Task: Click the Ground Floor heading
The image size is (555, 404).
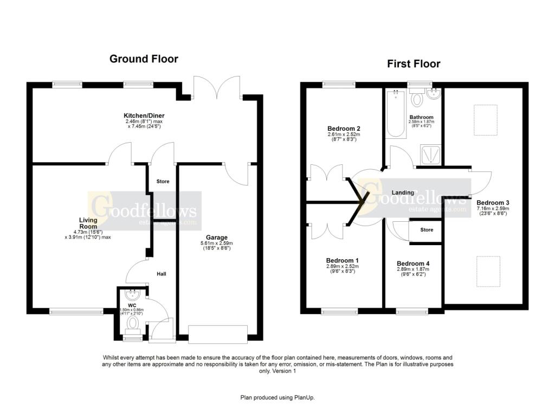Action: click(144, 59)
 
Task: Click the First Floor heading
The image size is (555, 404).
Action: click(413, 63)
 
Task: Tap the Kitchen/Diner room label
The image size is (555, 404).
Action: click(144, 116)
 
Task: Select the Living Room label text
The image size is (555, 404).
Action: click(88, 223)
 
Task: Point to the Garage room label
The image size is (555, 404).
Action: click(216, 237)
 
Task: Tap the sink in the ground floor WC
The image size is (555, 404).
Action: click(133, 294)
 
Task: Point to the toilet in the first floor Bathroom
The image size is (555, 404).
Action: click(417, 99)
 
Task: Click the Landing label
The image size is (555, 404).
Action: click(403, 193)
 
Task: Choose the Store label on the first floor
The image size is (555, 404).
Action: click(427, 230)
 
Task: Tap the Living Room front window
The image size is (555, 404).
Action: click(76, 311)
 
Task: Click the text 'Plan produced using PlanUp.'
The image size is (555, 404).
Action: click(277, 397)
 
